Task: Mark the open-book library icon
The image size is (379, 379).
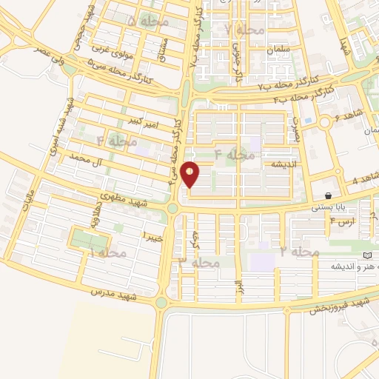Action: coord(368,255)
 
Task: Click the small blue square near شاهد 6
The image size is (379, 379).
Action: coord(308,121)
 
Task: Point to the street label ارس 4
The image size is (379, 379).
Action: coord(341,221)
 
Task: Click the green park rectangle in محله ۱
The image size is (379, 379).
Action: coord(87,238)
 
